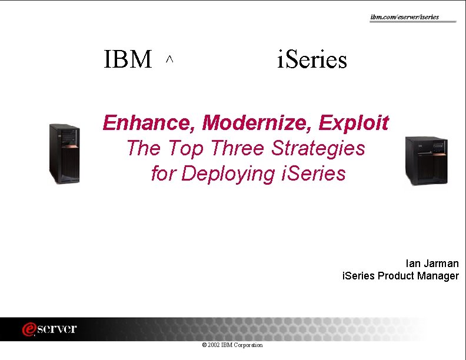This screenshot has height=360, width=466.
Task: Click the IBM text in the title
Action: coord(128,60)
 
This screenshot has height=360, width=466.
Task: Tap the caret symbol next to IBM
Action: coord(169,59)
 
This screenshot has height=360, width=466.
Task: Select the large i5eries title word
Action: coord(312,60)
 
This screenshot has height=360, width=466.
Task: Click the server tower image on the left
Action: coord(64,154)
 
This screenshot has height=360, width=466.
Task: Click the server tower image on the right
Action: coord(421,160)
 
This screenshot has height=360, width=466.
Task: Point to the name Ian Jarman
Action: coord(432,264)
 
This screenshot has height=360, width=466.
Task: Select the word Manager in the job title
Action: coord(438,276)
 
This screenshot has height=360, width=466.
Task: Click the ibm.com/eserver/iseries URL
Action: coord(404,17)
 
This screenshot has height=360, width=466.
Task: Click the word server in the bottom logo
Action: coord(58,329)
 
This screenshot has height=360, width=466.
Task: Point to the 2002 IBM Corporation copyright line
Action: coord(232,345)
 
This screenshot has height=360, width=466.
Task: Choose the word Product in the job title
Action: coord(396,276)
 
